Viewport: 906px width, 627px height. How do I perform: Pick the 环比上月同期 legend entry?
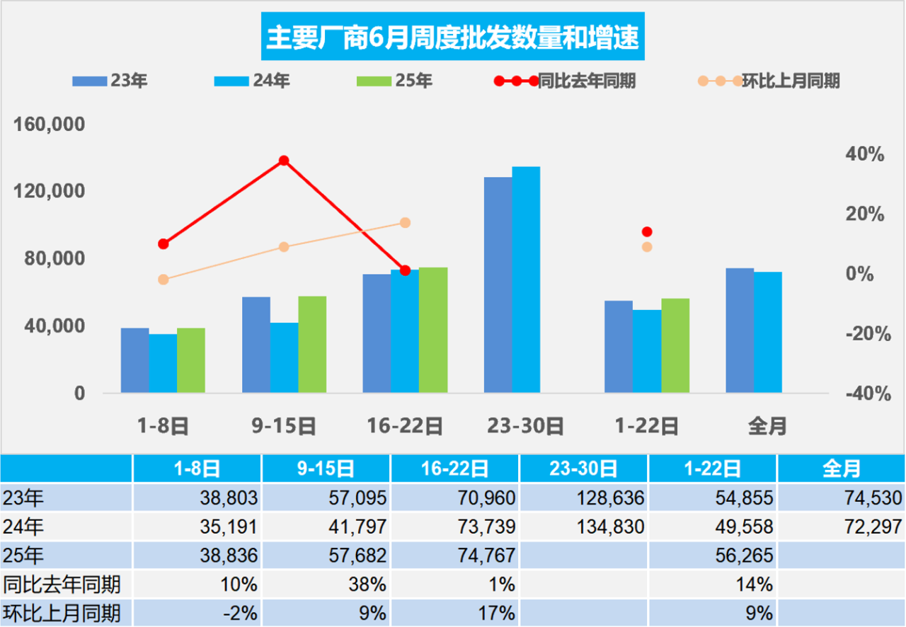coord(769,81)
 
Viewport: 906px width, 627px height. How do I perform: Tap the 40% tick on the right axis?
coord(866,154)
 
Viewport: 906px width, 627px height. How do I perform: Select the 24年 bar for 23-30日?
coord(526,280)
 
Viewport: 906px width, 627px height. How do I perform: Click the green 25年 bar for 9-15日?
coord(312,345)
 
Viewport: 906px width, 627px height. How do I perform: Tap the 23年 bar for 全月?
coord(740,330)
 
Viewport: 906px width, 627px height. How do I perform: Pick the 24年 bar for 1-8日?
coord(163,364)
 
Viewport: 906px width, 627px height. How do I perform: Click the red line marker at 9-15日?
coord(284,161)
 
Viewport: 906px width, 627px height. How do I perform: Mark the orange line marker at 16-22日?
coord(405,223)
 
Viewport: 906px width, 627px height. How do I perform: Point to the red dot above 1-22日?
coord(647,231)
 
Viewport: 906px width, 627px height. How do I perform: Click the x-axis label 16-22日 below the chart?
coord(405,426)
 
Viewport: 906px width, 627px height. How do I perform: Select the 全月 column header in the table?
coord(841,468)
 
